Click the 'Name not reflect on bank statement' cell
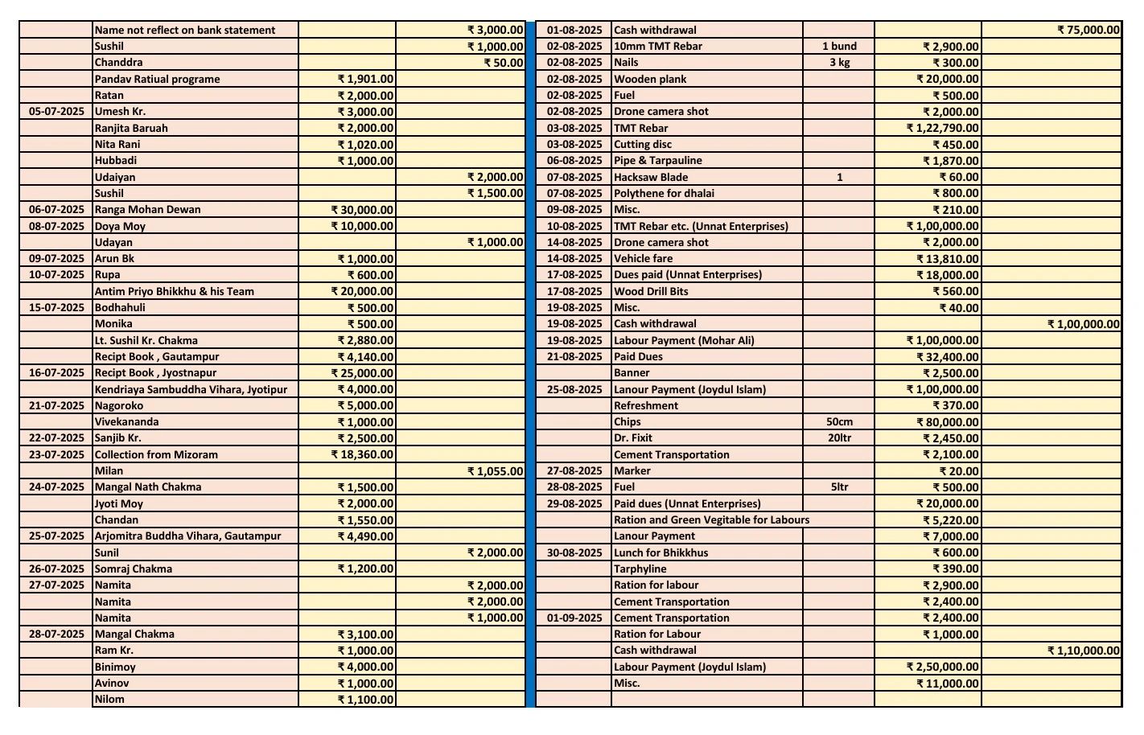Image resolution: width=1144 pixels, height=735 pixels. (185, 31)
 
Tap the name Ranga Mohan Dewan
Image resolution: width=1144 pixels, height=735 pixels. (148, 209)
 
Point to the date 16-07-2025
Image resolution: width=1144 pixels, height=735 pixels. (56, 372)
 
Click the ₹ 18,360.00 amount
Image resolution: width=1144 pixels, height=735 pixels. (362, 454)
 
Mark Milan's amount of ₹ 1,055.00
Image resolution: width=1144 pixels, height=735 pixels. (495, 471)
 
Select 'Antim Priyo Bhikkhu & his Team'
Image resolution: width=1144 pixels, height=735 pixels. (174, 291)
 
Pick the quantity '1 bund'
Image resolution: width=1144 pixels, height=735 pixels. (839, 47)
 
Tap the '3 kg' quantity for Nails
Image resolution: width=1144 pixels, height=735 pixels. (839, 63)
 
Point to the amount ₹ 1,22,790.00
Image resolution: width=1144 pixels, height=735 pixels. (942, 128)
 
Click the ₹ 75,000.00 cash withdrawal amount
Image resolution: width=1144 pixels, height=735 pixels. (1088, 31)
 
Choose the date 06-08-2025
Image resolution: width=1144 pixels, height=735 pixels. (574, 160)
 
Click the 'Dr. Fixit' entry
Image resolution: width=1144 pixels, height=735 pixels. (633, 438)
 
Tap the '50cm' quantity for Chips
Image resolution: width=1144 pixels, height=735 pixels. (839, 422)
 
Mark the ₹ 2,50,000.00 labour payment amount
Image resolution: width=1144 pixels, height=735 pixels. (942, 667)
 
